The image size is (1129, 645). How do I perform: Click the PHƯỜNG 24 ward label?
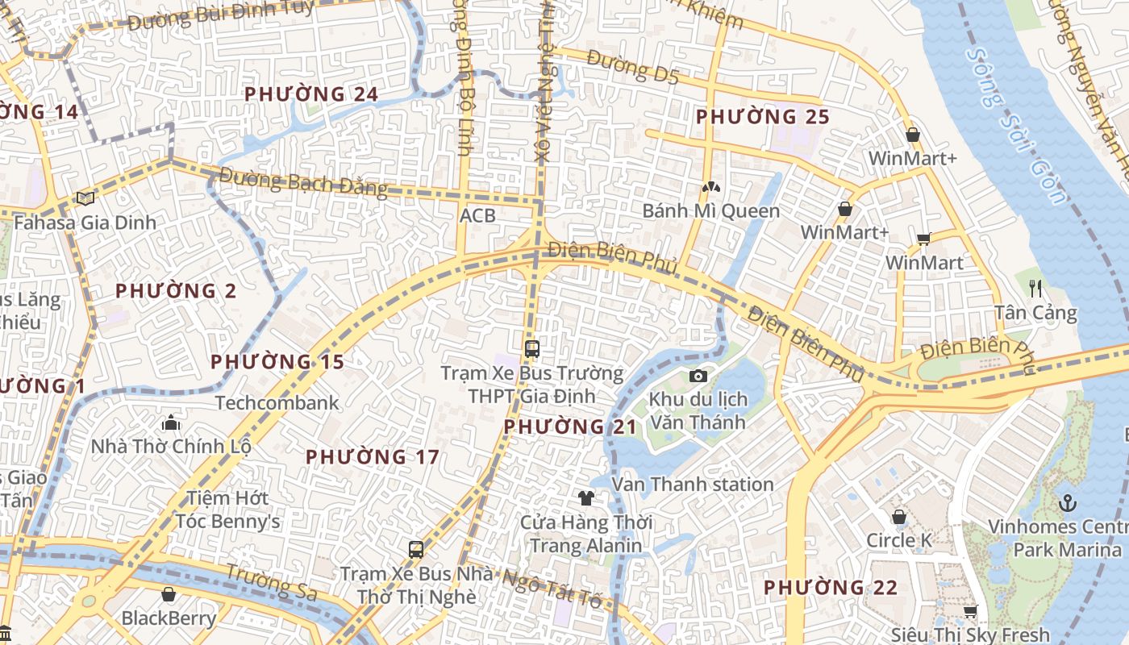pos(311,94)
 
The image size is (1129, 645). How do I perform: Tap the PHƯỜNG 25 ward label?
pos(762,117)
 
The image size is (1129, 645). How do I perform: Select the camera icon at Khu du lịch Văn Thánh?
pos(698,377)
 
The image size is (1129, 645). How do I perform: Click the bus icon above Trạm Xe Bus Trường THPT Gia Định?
pos(531,348)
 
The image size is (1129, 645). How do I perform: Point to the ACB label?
pos(477,216)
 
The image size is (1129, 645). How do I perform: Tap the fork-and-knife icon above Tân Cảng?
pos(1036,288)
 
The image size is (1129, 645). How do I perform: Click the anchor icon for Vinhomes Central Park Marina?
pos(1067,503)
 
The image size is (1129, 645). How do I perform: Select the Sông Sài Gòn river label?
pos(1018,125)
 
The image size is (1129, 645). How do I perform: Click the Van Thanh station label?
pos(693,485)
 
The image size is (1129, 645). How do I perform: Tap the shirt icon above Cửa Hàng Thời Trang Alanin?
pos(586,497)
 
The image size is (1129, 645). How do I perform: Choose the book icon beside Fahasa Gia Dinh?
pos(85,198)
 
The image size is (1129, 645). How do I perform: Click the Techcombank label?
pos(277,402)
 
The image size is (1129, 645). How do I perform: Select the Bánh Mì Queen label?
pos(710,211)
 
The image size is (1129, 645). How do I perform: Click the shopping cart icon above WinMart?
pos(923,239)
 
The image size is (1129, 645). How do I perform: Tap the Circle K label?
pos(900,540)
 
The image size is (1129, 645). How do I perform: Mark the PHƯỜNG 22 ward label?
pos(830,588)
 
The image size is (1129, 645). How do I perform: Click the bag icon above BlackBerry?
pos(169,594)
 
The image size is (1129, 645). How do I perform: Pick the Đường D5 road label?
pos(633,67)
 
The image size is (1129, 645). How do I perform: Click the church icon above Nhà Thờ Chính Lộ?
pos(170,422)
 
